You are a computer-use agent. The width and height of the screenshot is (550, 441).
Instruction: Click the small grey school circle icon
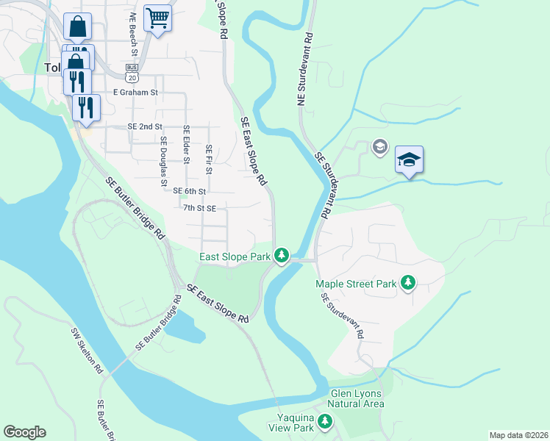[x=379, y=145]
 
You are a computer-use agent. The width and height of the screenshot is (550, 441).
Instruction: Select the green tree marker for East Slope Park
[x=281, y=256]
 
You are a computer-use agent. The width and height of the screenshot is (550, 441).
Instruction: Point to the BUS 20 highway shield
[x=132, y=73]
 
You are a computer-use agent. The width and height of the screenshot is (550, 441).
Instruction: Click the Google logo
[x=24, y=432]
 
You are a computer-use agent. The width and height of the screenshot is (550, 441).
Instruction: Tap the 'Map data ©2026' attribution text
[x=518, y=435]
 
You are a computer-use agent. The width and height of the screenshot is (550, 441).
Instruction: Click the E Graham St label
[x=135, y=93]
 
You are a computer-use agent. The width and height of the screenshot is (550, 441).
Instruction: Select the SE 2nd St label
[x=145, y=126]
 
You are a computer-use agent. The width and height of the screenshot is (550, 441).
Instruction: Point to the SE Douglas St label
[x=164, y=160]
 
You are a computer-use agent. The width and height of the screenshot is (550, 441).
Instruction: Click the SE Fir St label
[x=210, y=159]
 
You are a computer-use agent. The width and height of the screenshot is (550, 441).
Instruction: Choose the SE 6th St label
[x=190, y=190]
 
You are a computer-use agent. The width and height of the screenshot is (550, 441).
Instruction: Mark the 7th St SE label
[x=199, y=208]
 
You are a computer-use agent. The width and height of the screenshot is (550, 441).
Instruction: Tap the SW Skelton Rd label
[x=87, y=351]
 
